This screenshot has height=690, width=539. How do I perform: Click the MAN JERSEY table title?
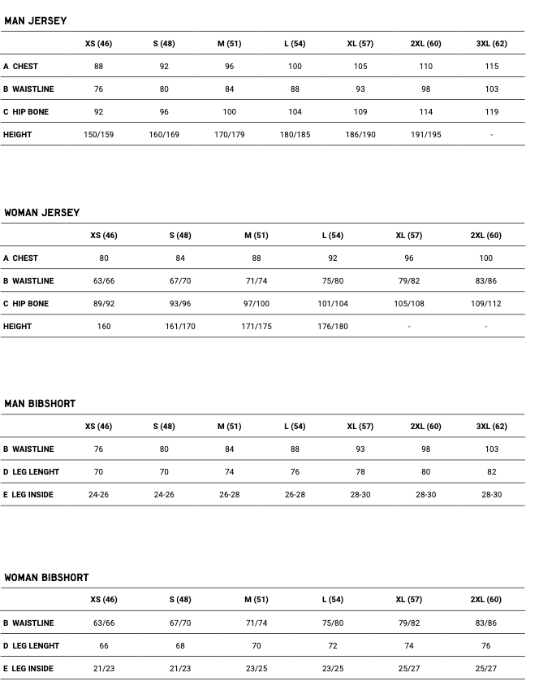[x=36, y=20]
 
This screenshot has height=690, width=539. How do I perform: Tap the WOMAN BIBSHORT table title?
[x=46, y=577]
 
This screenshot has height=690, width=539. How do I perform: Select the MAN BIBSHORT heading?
[x=40, y=403]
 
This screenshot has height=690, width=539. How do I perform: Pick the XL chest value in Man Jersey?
[x=360, y=66]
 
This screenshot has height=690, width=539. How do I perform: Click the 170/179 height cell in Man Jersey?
[x=230, y=134]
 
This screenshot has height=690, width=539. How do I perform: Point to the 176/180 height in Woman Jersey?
[x=333, y=326]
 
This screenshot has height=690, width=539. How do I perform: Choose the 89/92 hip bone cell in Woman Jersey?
[x=104, y=303]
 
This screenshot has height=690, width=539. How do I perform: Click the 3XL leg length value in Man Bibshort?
[x=491, y=471]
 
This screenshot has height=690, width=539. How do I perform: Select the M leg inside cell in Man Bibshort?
[x=230, y=494]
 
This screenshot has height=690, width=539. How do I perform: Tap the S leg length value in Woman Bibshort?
[x=180, y=645]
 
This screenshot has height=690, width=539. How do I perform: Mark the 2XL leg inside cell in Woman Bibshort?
[x=485, y=668]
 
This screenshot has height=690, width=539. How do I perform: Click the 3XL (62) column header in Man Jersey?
[x=491, y=43]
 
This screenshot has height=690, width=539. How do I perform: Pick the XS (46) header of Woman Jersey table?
[x=104, y=235]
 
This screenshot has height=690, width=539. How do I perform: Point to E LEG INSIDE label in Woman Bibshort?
[x=28, y=668]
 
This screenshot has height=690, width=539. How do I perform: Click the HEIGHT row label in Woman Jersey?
[x=17, y=326]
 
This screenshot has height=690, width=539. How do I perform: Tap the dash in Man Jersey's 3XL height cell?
[x=491, y=135]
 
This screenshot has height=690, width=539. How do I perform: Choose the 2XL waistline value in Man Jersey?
[x=425, y=89]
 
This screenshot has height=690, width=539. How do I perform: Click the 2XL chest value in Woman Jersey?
[x=485, y=258]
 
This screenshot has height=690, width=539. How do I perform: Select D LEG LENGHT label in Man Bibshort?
[x=31, y=471]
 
